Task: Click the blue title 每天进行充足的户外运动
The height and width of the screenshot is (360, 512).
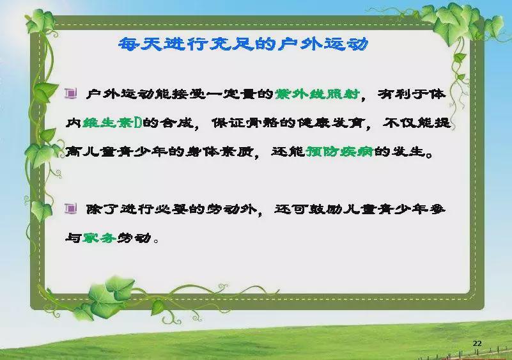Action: coord(244,43)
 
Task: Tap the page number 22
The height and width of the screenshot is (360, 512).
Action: coord(477,343)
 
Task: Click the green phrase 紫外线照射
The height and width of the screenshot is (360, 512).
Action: coord(317,94)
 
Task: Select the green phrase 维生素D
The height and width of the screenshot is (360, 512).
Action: coord(112,123)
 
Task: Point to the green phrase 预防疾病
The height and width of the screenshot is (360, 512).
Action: coord(339,152)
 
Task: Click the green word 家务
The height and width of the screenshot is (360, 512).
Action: coord(99,238)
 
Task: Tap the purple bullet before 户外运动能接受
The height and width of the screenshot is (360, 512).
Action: coord(71,93)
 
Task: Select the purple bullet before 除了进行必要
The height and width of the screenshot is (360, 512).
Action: coord(71,208)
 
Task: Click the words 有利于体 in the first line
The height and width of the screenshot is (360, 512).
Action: coord(412,94)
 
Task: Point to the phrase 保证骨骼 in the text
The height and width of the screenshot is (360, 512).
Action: coord(245,123)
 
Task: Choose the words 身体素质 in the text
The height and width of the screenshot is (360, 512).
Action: coord(219,152)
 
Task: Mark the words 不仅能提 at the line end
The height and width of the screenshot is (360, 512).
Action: coord(417,123)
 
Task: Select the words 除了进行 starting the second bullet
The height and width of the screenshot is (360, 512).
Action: coord(120,209)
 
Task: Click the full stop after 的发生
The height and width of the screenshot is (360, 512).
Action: coord(429,155)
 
